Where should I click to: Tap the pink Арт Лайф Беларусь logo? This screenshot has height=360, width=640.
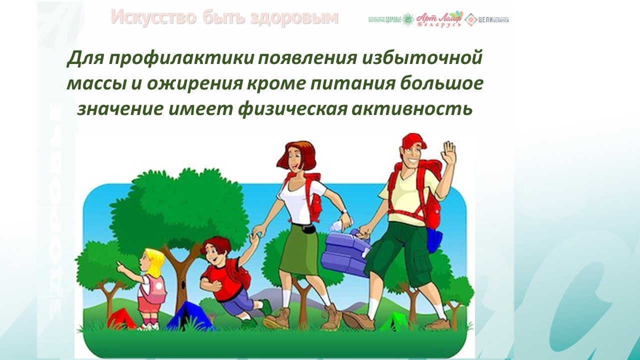pos(439,19)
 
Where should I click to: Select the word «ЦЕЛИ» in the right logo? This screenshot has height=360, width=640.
pos(486,19)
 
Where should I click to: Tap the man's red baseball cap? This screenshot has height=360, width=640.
pos(413,141)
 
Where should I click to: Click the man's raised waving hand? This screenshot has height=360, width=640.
pos(449,152)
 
